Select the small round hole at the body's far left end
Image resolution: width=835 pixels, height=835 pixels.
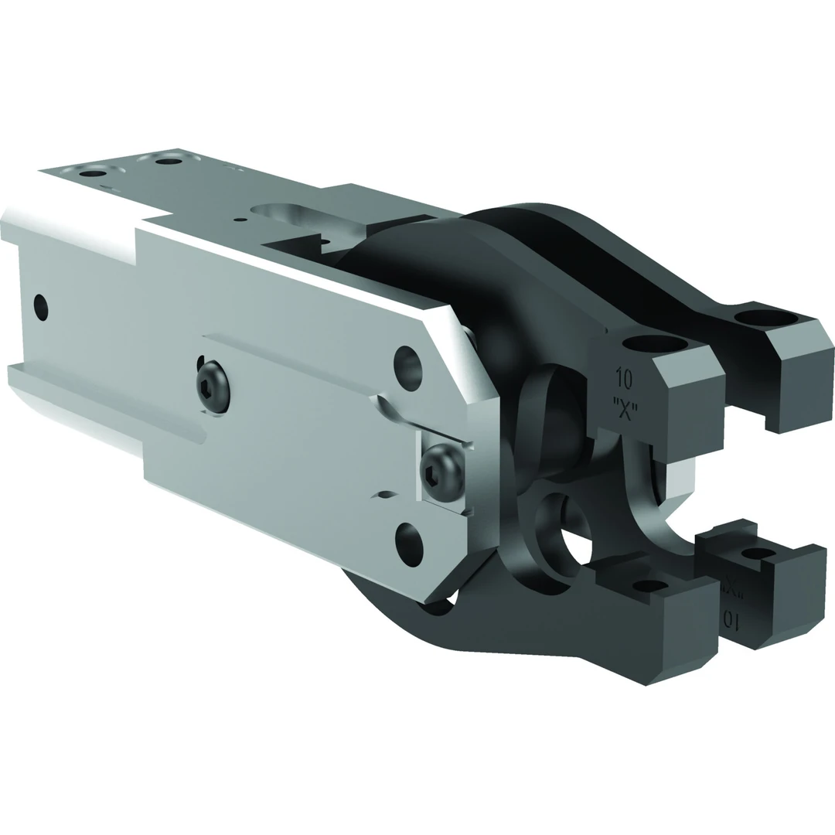41,308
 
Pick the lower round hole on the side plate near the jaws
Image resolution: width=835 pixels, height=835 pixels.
408,544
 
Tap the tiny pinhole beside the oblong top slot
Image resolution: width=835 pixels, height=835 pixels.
244,220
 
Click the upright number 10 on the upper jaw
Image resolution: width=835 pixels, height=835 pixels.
623,379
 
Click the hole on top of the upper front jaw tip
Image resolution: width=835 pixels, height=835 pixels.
654,344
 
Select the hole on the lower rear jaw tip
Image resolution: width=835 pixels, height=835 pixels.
757,554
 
